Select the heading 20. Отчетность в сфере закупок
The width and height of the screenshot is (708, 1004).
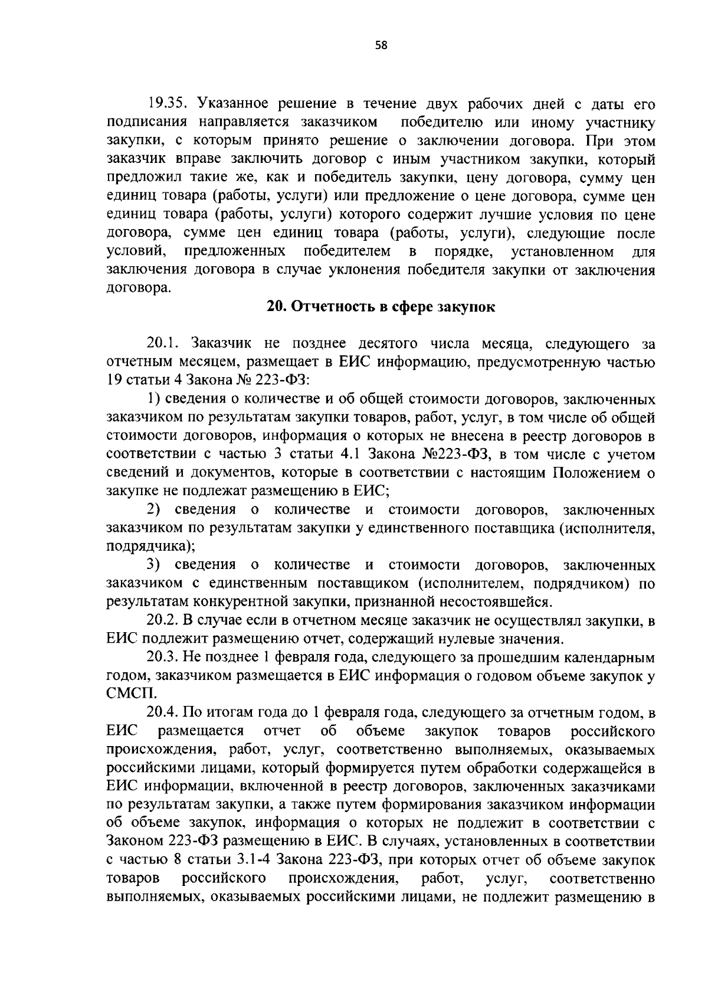coord(381,307)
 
